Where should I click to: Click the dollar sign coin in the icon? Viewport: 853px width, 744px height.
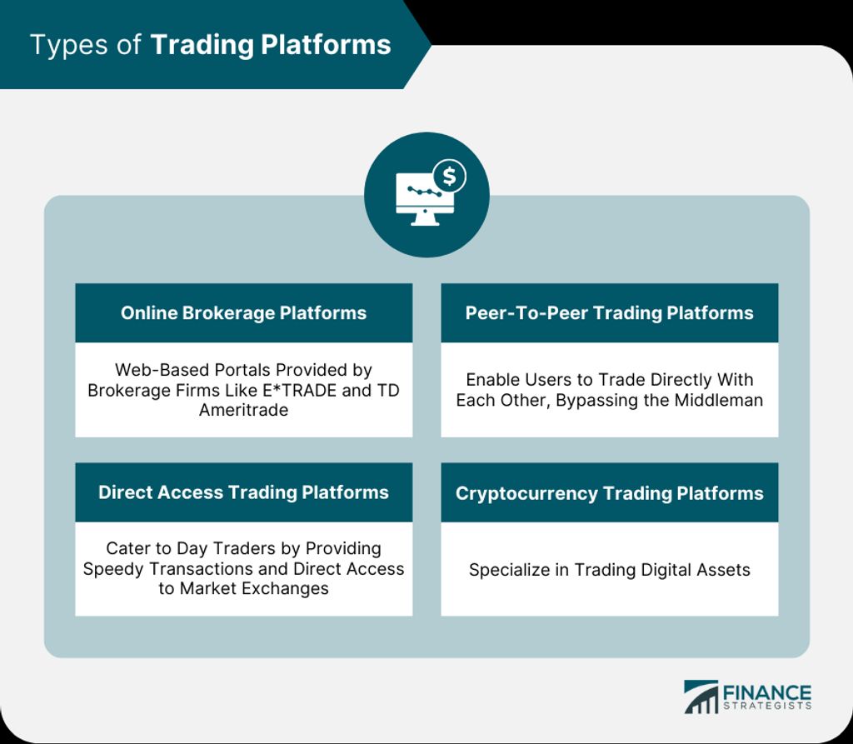[x=449, y=177]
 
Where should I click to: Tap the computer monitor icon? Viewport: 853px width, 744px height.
[x=425, y=199]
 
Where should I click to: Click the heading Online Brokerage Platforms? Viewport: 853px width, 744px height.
[x=244, y=313]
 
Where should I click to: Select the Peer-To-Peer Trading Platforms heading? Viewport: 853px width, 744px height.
[x=609, y=313]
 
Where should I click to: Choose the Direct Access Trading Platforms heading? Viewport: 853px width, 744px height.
[x=244, y=492]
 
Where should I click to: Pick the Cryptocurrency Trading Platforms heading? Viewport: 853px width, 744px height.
[x=609, y=493]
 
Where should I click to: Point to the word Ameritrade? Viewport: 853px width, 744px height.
[x=244, y=410]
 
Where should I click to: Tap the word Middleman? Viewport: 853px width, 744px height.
[x=719, y=400]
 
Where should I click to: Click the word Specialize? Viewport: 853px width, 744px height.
[x=509, y=570]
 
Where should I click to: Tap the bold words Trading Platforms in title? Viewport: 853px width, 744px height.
[x=271, y=45]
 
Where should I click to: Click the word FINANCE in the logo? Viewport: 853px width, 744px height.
[x=767, y=693]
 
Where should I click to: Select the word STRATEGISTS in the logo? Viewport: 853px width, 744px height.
[x=767, y=706]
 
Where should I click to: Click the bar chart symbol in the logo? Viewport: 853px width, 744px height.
[x=701, y=697]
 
